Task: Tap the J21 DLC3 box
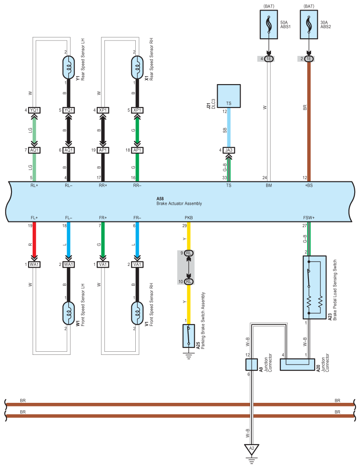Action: [x=229, y=96]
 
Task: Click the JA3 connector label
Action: [x=229, y=150]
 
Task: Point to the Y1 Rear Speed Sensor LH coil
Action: [x=68, y=67]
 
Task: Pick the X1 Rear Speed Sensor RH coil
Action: [x=137, y=67]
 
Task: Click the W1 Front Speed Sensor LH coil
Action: [x=68, y=313]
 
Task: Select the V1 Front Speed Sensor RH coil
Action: [x=137, y=313]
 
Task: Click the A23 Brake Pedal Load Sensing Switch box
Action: [x=314, y=287]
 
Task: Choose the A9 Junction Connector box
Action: [x=251, y=365]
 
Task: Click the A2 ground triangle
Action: [x=252, y=450]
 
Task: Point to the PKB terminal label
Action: [x=189, y=217]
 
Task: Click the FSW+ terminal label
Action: [x=309, y=217]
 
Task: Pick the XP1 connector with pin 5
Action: [x=137, y=110]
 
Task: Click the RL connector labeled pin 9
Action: [x=189, y=253]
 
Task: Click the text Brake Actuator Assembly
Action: [x=179, y=204]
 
